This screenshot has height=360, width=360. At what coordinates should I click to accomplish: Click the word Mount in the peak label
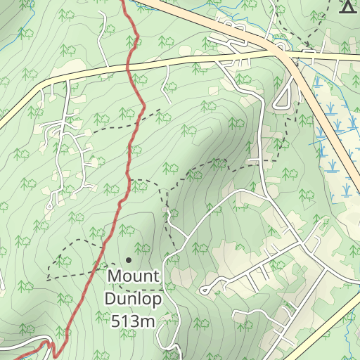(134, 276)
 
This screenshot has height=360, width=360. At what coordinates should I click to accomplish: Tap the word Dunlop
(134, 299)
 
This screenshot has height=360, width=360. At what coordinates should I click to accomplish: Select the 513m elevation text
(134, 321)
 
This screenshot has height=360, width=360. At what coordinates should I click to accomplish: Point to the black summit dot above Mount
(129, 260)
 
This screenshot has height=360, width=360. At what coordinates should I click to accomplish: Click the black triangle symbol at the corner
(347, 6)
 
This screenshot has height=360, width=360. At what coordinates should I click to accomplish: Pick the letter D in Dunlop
(110, 299)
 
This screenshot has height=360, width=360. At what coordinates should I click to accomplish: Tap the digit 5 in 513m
(116, 321)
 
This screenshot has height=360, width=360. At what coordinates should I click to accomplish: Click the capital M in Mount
(114, 276)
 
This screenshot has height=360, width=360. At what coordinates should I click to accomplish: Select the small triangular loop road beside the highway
(283, 98)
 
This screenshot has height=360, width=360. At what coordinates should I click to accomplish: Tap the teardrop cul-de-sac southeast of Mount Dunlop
(205, 289)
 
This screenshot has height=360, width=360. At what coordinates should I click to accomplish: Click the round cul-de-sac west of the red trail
(49, 207)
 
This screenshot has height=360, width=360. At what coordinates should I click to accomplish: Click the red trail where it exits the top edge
(126, 2)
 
